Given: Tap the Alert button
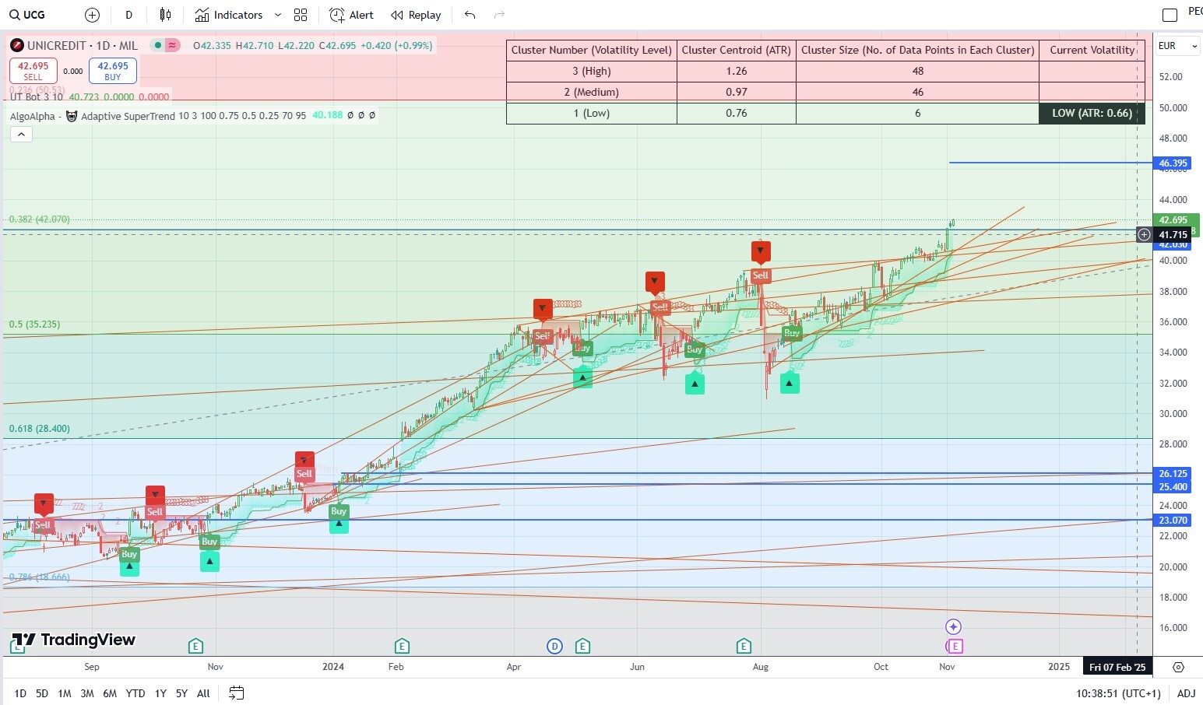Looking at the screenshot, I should tap(352, 15).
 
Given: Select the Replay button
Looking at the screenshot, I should tap(416, 15).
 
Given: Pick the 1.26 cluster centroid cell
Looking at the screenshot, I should tap(736, 71).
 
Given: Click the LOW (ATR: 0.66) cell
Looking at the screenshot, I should tap(1092, 113).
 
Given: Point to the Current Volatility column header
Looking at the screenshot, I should tap(1092, 50).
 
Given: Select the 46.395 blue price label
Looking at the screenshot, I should tap(1173, 163).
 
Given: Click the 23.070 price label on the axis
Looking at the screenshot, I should tap(1173, 521).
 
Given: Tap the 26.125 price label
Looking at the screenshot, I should tap(1173, 473).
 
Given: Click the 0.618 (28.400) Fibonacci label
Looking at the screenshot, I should tap(40, 429).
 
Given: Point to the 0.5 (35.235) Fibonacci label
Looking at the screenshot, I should tap(35, 324).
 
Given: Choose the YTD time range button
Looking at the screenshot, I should tap(135, 693).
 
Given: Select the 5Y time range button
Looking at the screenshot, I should tap(181, 693).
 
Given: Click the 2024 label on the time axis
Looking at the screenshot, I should tap(333, 667).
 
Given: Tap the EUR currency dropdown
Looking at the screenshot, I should tap(1177, 46).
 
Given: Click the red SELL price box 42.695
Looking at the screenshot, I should tap(33, 71).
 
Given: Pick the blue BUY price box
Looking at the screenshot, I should tap(113, 71).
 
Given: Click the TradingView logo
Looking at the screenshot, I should tap(74, 640).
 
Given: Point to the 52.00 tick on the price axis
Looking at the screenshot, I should tap(1170, 77).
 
